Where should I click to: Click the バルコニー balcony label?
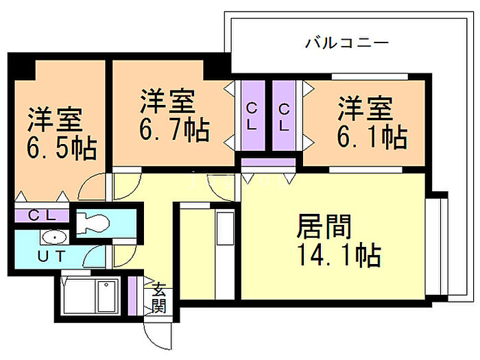(x=347, y=43)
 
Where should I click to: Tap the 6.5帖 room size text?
(x=62, y=148)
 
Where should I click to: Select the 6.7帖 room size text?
(x=174, y=130)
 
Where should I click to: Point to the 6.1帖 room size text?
(x=372, y=136)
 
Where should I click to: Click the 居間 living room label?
(x=324, y=226)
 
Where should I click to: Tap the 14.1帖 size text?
(x=339, y=254)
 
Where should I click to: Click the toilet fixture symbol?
(x=93, y=223)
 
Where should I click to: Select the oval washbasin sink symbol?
(x=54, y=237)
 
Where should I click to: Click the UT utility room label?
(x=51, y=256)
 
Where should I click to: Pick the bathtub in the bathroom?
(x=91, y=296)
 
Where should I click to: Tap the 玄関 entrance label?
(x=159, y=298)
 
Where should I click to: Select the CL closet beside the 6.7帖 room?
(x=253, y=116)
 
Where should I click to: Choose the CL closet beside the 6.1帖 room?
(x=284, y=116)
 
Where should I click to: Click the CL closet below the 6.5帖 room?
(x=42, y=215)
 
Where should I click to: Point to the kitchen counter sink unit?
(x=225, y=254)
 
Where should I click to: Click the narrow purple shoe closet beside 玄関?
(x=132, y=296)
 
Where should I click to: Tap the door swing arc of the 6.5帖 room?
(x=91, y=186)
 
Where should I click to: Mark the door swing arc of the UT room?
(x=94, y=256)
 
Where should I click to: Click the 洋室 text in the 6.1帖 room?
(x=365, y=108)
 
